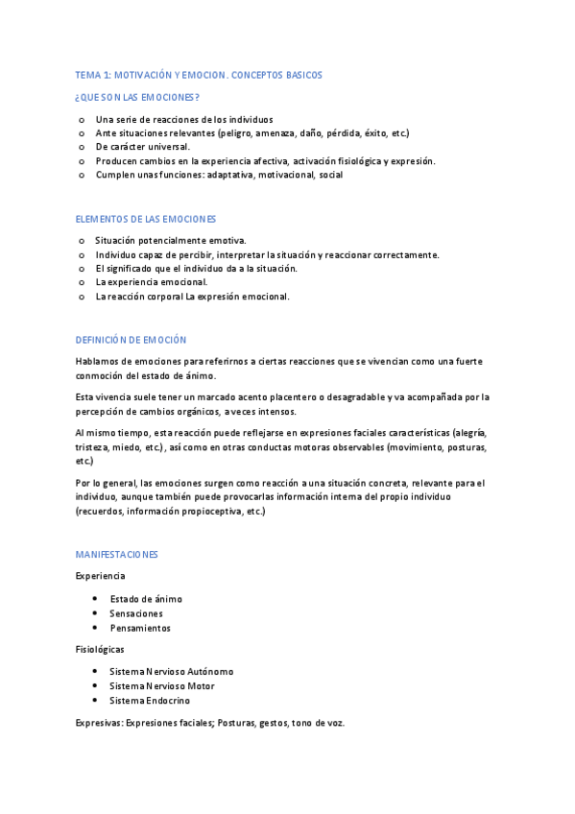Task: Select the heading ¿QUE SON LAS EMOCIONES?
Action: [137, 98]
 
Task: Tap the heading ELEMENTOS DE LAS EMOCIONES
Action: [146, 219]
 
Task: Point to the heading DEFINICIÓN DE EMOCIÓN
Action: [131, 340]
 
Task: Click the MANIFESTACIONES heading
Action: [116, 555]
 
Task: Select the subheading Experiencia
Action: [100, 576]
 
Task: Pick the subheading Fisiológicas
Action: [100, 649]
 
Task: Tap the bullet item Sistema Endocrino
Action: [150, 701]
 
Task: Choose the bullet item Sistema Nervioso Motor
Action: [162, 686]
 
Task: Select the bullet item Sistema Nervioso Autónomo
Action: [171, 672]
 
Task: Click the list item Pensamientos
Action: [140, 628]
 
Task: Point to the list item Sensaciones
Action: [136, 613]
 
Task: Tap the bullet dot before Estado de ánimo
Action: [95, 599]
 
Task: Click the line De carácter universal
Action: [142, 147]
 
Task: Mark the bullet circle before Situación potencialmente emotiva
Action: [82, 240]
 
